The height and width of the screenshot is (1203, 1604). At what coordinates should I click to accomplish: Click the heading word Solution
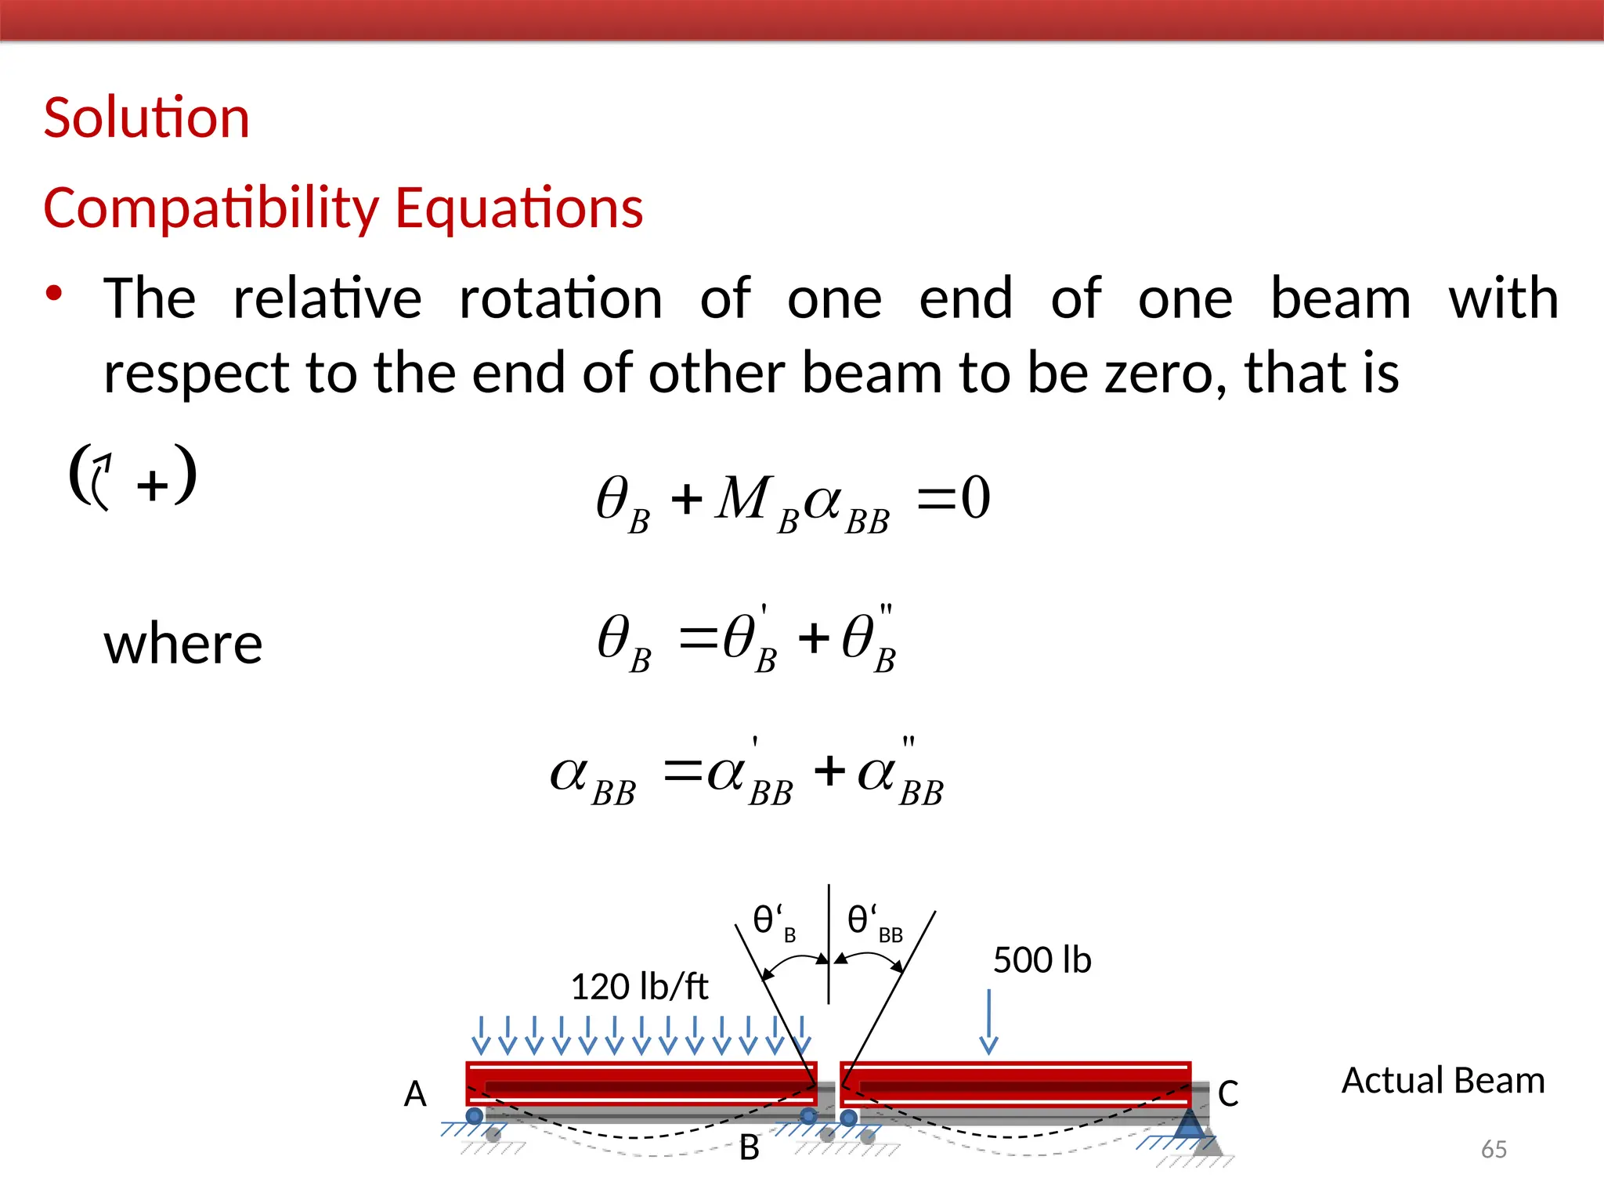coord(146,118)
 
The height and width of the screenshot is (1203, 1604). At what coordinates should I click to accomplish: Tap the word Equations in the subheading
coord(518,209)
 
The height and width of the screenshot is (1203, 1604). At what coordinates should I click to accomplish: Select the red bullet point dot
coord(53,294)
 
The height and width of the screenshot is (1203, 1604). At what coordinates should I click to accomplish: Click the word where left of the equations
coord(182,644)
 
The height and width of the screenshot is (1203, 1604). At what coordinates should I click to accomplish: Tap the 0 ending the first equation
coord(976,498)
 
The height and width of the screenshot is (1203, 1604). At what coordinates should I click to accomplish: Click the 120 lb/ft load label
coord(639,987)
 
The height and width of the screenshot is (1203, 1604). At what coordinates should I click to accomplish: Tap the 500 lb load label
coord(1042,960)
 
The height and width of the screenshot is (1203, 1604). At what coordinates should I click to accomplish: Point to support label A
coord(415,1094)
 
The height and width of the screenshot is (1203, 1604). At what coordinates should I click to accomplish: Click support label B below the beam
coord(750,1148)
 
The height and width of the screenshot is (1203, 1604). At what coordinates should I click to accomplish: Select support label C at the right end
coord(1228,1094)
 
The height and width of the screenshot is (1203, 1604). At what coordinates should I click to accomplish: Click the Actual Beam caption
coord(1443,1081)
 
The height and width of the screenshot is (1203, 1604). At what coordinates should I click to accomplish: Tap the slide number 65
coord(1494,1150)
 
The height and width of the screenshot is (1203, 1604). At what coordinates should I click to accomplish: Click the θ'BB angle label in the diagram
coord(874,922)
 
